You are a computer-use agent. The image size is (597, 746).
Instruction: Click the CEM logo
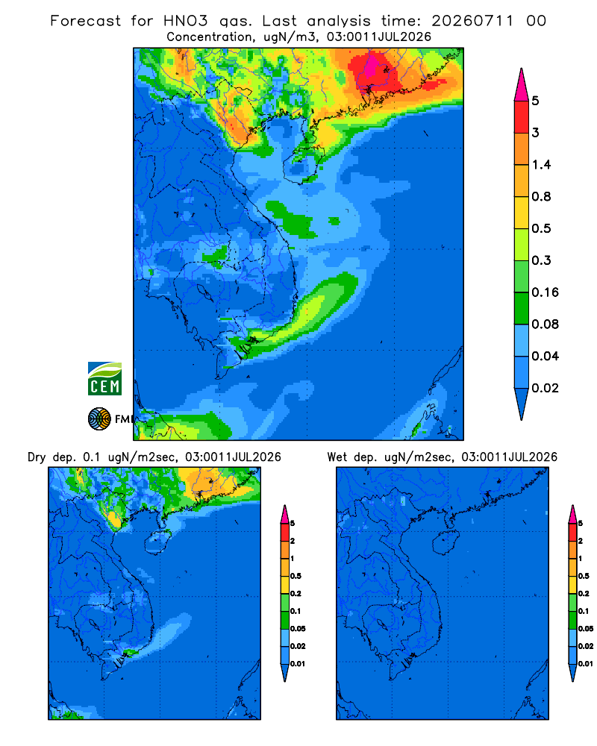104,378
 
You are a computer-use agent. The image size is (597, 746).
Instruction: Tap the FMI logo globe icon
99,419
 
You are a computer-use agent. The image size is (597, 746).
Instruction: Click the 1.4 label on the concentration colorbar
541,165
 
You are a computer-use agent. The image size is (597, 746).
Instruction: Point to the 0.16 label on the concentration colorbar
545,292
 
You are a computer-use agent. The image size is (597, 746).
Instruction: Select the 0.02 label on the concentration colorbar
545,388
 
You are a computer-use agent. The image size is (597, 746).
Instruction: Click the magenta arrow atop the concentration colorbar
522,84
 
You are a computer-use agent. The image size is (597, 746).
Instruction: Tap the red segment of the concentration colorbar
522,116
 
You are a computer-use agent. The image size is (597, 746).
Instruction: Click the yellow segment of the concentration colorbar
522,212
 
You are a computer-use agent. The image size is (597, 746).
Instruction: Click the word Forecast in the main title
86,21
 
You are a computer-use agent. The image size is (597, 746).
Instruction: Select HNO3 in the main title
186,21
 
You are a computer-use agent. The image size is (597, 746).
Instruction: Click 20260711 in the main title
472,21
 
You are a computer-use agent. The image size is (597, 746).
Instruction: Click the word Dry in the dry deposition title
36,457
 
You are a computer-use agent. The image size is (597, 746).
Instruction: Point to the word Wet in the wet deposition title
337,457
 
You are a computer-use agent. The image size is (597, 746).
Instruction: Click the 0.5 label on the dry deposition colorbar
296,576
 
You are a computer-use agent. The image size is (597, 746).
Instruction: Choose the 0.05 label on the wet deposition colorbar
586,628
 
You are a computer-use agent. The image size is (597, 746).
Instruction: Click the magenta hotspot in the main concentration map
371,66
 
